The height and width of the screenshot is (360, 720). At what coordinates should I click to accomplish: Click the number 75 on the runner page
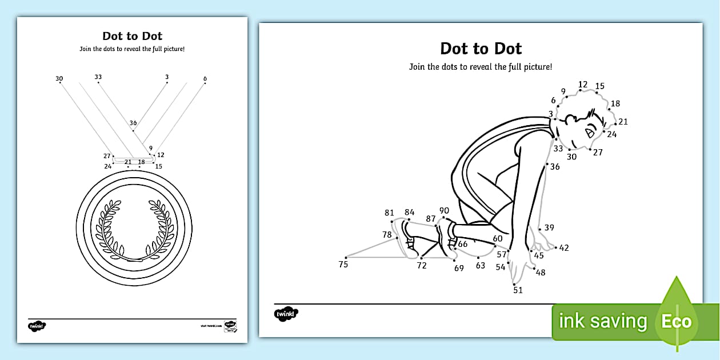(x=343, y=264)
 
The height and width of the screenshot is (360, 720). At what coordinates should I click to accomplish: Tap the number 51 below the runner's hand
(x=518, y=290)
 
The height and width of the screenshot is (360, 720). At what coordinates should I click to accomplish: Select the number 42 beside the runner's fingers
(x=564, y=248)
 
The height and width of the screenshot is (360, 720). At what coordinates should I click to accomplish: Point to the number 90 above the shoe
(x=444, y=211)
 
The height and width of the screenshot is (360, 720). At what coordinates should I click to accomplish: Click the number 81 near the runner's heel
(x=389, y=213)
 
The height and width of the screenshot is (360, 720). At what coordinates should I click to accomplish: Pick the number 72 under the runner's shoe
(x=422, y=266)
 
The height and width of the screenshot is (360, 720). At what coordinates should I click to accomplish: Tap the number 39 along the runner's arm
(x=549, y=228)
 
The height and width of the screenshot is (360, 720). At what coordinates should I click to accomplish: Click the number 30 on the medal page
(x=59, y=79)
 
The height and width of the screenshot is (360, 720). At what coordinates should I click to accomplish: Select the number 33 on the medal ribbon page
(x=98, y=77)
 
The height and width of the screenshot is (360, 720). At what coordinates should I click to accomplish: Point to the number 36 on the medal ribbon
(x=133, y=123)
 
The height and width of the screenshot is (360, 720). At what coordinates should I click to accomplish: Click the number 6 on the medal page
(x=205, y=79)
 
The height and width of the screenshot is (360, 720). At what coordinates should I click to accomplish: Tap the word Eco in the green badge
(x=677, y=321)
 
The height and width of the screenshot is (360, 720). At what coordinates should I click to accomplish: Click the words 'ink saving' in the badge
(x=603, y=321)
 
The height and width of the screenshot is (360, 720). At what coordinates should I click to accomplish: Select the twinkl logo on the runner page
(x=286, y=314)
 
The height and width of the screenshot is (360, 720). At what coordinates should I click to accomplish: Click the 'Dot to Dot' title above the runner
(x=481, y=48)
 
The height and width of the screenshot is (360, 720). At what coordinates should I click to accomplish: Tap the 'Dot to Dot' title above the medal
(x=132, y=36)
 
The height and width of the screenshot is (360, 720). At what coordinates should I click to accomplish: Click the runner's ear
(x=570, y=120)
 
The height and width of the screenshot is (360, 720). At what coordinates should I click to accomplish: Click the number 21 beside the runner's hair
(x=623, y=122)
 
